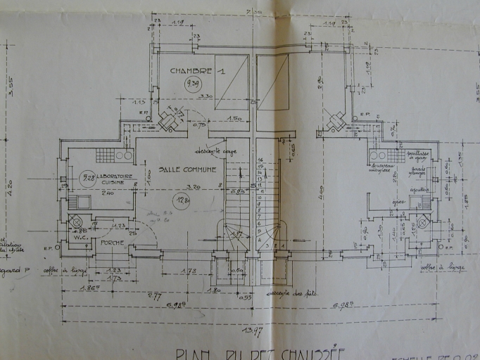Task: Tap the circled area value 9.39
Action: (191, 85)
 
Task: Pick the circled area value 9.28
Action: (87, 177)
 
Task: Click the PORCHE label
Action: (113, 242)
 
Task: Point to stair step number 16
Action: (260, 161)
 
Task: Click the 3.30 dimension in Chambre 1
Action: (205, 96)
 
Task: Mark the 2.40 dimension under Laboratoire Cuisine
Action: (108, 192)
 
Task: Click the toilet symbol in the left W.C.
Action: (77, 221)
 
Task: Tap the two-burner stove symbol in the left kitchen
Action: (124, 155)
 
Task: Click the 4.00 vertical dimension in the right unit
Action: (320, 188)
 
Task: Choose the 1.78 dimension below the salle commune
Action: (188, 271)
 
